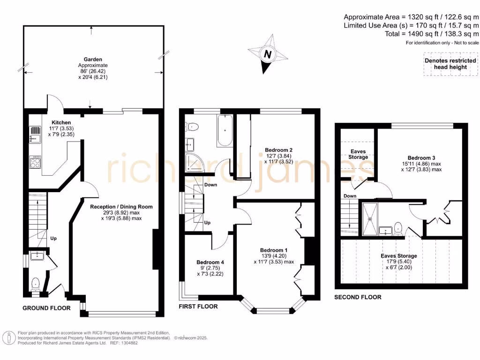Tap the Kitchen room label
tap(61, 122)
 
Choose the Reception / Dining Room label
tap(121, 206)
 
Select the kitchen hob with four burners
tap(36, 163)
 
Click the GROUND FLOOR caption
tap(47, 308)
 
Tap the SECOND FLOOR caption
tap(358, 297)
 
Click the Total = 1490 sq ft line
tap(411, 34)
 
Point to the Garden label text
tap(93, 60)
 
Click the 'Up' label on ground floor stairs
tap(53, 238)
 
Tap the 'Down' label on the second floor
tap(350, 196)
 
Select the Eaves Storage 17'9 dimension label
tap(398, 256)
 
